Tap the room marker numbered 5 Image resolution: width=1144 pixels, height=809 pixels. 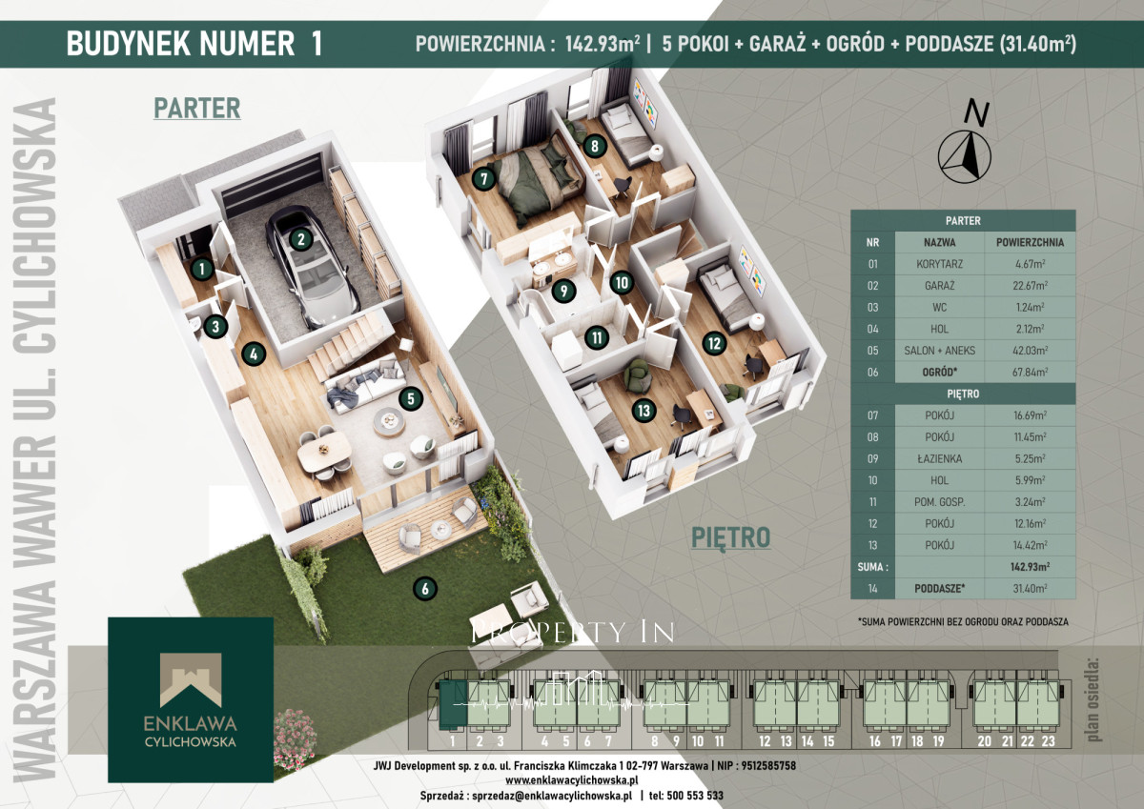[x=411, y=398]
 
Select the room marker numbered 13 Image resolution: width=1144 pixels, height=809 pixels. [x=644, y=411]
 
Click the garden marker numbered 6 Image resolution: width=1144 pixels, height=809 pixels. [x=425, y=589]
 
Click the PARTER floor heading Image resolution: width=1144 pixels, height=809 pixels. [x=197, y=109]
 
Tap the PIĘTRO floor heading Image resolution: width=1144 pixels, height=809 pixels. [x=730, y=538]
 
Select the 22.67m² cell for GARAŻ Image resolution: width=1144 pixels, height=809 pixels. [x=1031, y=286]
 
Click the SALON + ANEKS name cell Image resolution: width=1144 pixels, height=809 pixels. [x=940, y=351]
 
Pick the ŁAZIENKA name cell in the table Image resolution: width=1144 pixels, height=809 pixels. [x=940, y=459]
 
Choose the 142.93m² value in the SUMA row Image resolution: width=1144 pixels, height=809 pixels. [x=1031, y=567]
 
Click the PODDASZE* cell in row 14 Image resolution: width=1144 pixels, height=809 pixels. [x=940, y=589]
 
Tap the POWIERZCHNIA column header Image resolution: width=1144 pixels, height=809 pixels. [x=1031, y=242]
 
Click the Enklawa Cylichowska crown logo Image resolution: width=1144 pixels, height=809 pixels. [x=191, y=679]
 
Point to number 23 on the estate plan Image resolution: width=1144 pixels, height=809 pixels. [x=1048, y=741]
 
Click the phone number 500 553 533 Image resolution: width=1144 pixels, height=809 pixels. [x=695, y=796]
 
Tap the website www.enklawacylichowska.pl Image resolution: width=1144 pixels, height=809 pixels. [x=572, y=779]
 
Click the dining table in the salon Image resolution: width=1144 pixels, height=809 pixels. [x=324, y=452]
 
